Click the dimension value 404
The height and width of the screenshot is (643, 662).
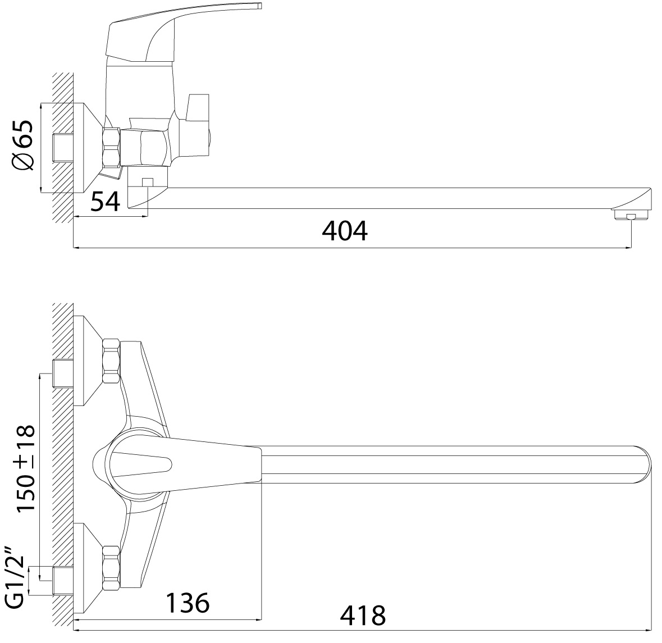pos(345,230)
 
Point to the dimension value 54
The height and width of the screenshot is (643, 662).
pos(106,201)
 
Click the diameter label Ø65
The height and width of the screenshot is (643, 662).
pos(23,145)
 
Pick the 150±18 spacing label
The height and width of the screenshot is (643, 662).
pos(25,468)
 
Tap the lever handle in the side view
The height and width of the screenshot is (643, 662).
pos(181,33)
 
